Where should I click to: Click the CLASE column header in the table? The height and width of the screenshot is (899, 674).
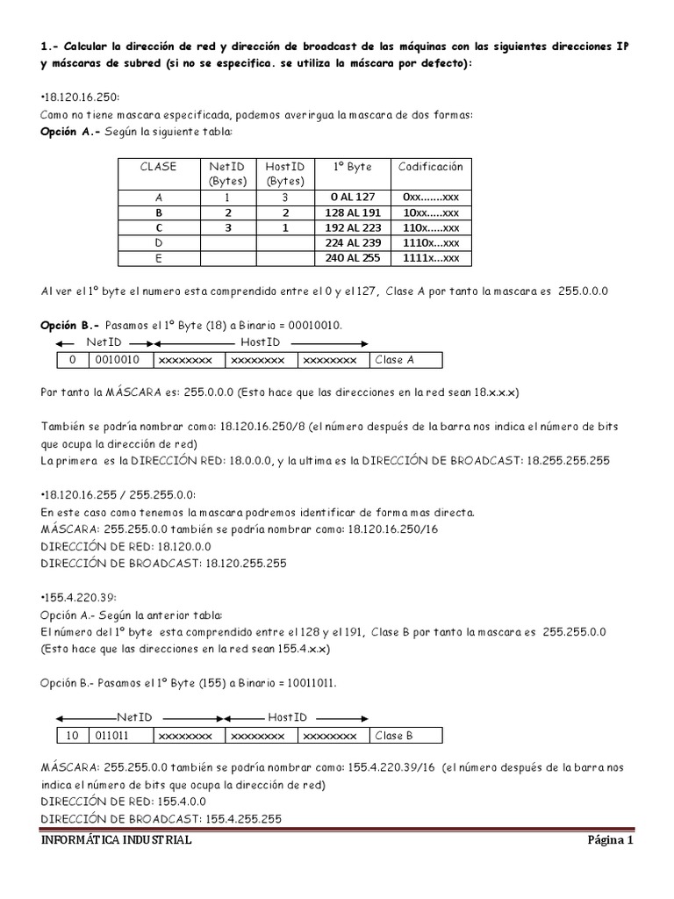pos(158,166)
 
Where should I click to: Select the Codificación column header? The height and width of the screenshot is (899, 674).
pos(430,166)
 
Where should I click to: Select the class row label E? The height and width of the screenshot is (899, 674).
pos(158,257)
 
